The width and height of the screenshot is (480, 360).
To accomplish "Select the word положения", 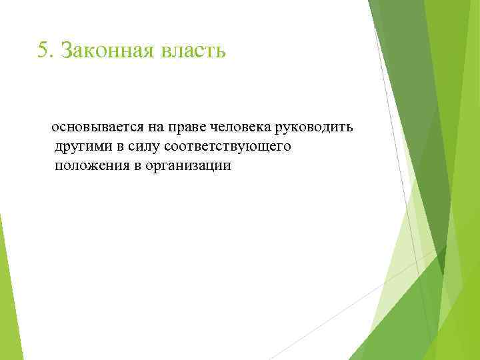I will coord(92,166).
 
